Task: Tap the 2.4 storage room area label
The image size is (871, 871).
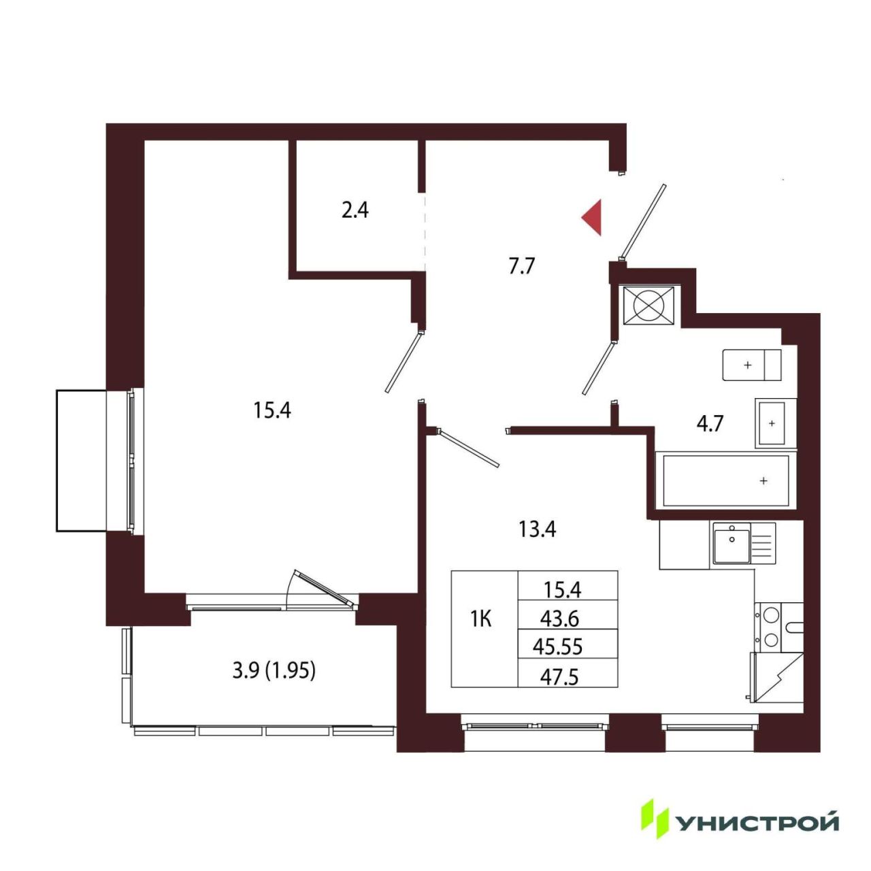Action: [x=355, y=210]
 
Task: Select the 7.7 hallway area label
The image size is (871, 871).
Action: [x=522, y=266]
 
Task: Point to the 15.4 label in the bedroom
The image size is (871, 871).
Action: [x=272, y=410]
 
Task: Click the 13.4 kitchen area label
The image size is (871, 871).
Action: [x=537, y=529]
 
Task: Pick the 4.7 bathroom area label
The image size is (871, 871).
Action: [x=710, y=425]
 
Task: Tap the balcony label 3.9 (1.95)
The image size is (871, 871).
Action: [x=274, y=671]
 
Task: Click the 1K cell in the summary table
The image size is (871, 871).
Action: [x=481, y=620]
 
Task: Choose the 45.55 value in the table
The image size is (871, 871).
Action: [x=557, y=647]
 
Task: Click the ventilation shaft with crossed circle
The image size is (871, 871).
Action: [x=648, y=305]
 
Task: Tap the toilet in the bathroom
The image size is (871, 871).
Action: [x=752, y=365]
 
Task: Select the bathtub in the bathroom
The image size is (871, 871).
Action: [x=726, y=480]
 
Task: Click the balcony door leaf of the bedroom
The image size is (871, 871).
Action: [x=324, y=587]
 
